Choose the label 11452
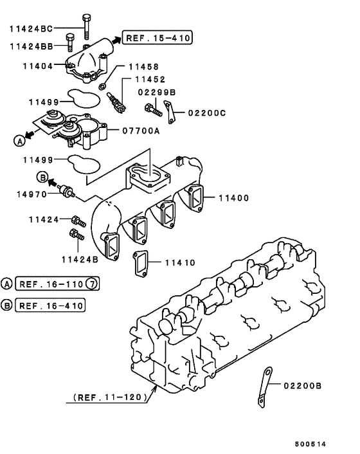(x=150, y=80)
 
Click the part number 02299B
(x=158, y=93)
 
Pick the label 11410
(x=180, y=262)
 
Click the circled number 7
(x=93, y=284)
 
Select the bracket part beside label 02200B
(x=264, y=390)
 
